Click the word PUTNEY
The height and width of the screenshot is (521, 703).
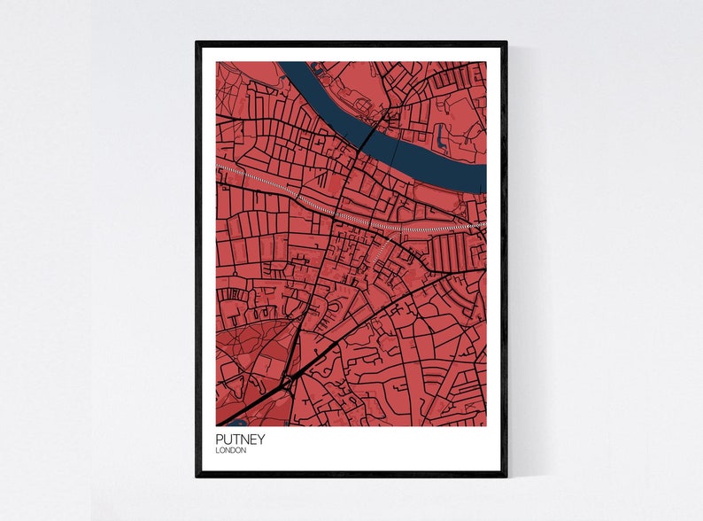pyautogui.click(x=239, y=439)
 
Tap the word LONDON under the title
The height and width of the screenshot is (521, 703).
pyautogui.click(x=230, y=450)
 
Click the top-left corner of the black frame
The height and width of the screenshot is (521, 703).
pyautogui.click(x=197, y=43)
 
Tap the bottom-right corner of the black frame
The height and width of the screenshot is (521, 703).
pyautogui.click(x=506, y=475)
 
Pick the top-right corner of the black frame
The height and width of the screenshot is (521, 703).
pyautogui.click(x=506, y=43)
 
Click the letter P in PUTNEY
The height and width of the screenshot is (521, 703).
pyautogui.click(x=219, y=439)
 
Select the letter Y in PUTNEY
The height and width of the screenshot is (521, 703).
pyautogui.click(x=260, y=439)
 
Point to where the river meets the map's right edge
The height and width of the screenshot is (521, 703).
pyautogui.click(x=485, y=177)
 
